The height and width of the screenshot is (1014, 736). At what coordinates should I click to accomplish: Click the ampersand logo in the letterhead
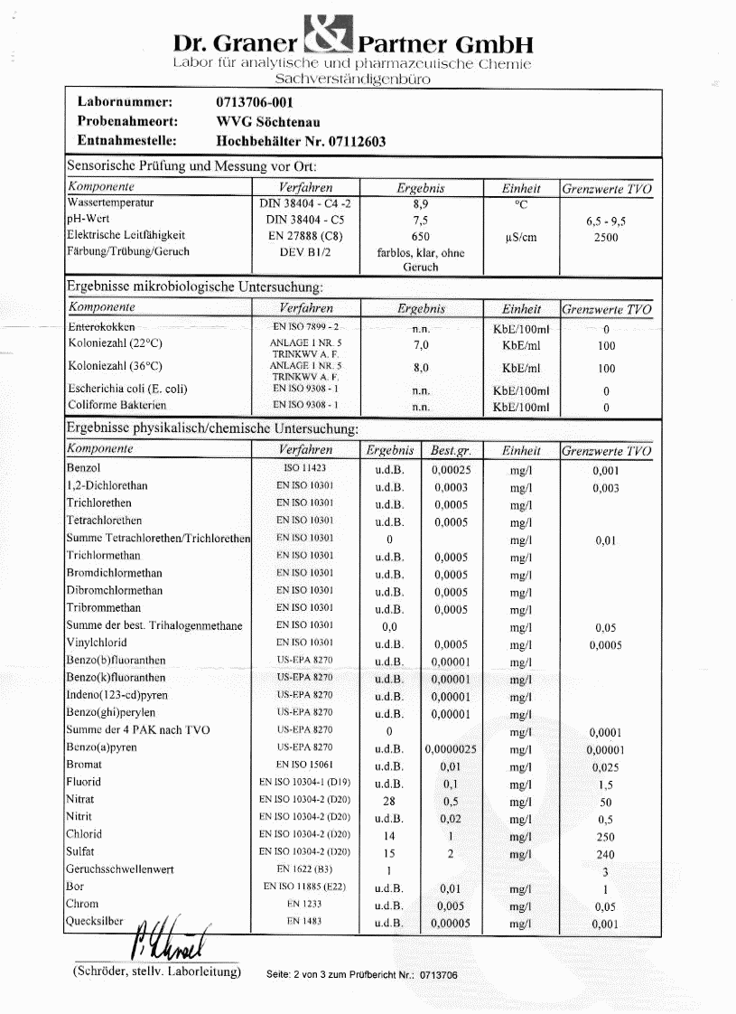[329, 36]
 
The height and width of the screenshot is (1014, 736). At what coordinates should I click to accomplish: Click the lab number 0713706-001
[256, 102]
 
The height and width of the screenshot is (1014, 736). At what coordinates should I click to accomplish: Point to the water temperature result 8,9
[420, 205]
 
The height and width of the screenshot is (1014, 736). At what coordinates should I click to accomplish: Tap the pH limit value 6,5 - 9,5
[606, 221]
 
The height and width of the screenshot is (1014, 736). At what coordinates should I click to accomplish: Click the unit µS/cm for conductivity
[521, 237]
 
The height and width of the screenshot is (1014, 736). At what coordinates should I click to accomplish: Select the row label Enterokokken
[102, 328]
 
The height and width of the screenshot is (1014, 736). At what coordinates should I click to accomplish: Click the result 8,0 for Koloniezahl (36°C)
[420, 368]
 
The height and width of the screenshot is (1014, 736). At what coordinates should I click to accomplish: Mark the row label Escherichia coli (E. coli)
[128, 390]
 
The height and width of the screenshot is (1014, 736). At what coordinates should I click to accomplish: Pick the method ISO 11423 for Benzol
[304, 469]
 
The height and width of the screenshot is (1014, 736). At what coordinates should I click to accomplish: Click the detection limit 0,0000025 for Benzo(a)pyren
[451, 749]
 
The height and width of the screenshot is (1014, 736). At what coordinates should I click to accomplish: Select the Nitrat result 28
[389, 801]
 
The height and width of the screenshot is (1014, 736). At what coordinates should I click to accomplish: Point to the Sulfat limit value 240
[605, 854]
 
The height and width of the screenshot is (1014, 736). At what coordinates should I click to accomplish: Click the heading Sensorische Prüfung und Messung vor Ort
[191, 166]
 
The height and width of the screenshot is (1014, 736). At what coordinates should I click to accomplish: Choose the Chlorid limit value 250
[605, 837]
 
